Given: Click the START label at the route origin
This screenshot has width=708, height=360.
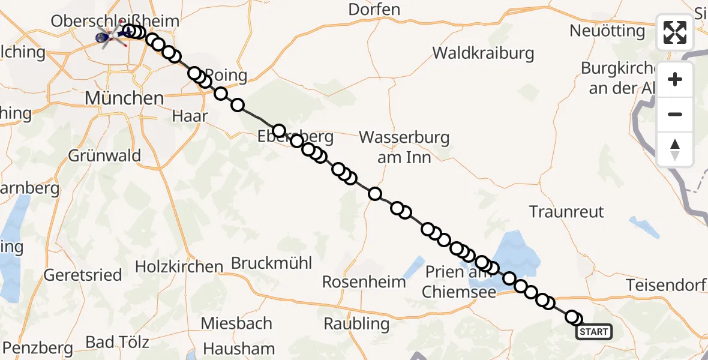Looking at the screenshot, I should pyautogui.click(x=593, y=332).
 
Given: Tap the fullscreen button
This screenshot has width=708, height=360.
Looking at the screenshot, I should pyautogui.click(x=675, y=32).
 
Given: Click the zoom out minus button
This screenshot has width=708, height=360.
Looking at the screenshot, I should pyautogui.click(x=675, y=114).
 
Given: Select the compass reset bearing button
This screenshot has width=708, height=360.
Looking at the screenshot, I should pyautogui.click(x=675, y=149).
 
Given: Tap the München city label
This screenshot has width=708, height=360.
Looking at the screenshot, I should pyautogui.click(x=124, y=98).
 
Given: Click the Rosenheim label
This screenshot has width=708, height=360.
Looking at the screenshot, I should pyautogui.click(x=364, y=281).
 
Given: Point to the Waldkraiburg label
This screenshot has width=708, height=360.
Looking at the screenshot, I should pyautogui.click(x=483, y=53).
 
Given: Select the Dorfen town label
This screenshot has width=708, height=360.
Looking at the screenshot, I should pyautogui.click(x=374, y=10).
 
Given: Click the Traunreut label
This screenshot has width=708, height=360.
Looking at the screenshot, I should pyautogui.click(x=566, y=211).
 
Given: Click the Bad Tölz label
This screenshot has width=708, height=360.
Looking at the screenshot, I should pyautogui.click(x=117, y=343).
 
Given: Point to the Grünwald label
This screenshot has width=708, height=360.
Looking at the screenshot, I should pyautogui.click(x=104, y=156).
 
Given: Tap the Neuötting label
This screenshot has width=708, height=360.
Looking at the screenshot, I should pyautogui.click(x=607, y=31).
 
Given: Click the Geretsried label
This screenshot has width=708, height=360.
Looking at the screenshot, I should pyautogui.click(x=83, y=275).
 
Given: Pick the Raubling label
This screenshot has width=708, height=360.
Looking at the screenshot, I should pyautogui.click(x=356, y=324).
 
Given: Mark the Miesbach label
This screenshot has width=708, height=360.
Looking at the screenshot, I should pyautogui.click(x=236, y=323).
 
